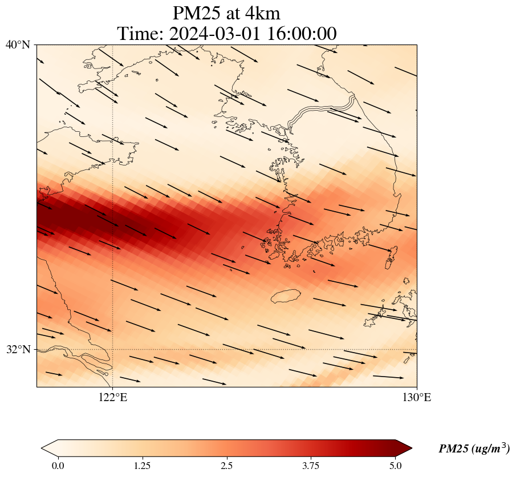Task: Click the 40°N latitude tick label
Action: (x=18, y=45)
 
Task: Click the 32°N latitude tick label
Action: (x=18, y=349)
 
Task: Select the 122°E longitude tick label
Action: (x=113, y=398)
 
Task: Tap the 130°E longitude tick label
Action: (x=417, y=398)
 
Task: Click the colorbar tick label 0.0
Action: (x=58, y=466)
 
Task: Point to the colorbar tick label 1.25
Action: (x=142, y=466)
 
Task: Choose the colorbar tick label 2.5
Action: (x=227, y=466)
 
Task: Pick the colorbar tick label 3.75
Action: (x=311, y=466)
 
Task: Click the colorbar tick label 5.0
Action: (x=396, y=466)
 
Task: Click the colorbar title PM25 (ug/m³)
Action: (x=474, y=449)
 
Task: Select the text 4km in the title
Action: (x=262, y=13)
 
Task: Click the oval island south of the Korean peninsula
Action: (x=286, y=296)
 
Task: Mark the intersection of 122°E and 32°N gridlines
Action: (x=113, y=349)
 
